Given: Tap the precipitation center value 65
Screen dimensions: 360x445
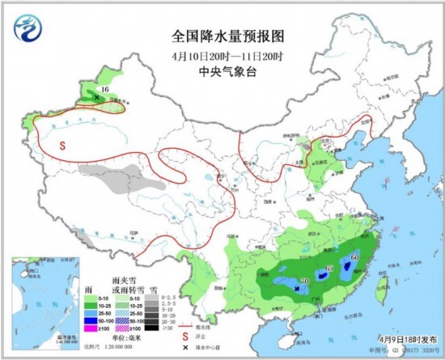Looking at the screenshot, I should point(328,269).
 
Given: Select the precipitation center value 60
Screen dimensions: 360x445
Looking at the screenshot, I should point(355,258).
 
